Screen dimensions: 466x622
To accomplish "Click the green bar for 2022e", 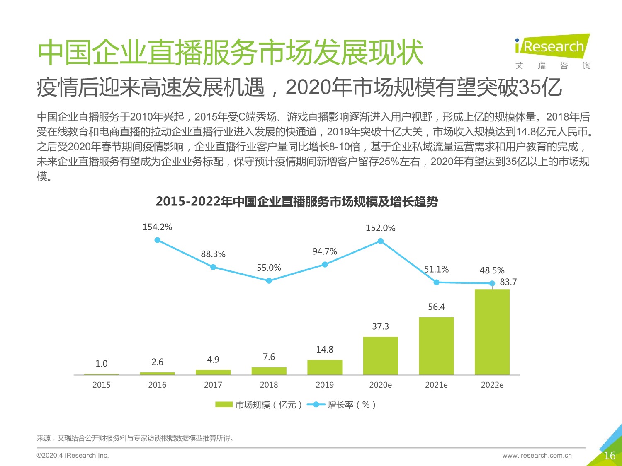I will tap(492, 332).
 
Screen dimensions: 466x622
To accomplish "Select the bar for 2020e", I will tap(380, 356).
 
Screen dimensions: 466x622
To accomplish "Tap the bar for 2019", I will tap(325, 367).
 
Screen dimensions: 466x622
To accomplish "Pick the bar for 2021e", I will tap(436, 346).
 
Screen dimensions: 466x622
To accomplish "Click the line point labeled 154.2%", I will tap(157, 240).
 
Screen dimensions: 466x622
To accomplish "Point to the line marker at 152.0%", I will tap(380, 241).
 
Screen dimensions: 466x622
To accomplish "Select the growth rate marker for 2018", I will tap(269, 281).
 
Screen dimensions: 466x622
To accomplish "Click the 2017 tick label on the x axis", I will tap(213, 385).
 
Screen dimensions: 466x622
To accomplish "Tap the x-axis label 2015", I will tap(102, 385).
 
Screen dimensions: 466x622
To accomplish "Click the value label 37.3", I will tap(380, 326).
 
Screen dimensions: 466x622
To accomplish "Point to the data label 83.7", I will tap(508, 282).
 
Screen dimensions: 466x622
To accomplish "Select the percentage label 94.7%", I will tap(325, 251).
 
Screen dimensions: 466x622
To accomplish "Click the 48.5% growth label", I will tap(492, 270).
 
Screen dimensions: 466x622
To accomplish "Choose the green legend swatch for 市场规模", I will tap(224, 405).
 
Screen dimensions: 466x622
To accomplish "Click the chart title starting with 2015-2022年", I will tap(297, 202).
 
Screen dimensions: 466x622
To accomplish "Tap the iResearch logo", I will tap(552, 46).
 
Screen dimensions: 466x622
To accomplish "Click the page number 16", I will tap(609, 456).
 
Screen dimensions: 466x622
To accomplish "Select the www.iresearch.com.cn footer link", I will tap(537, 455).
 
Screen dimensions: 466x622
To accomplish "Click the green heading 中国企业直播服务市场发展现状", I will tap(230, 53).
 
